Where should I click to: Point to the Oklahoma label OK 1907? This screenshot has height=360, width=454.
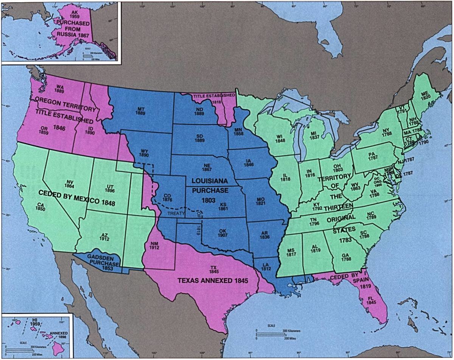(223, 234)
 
